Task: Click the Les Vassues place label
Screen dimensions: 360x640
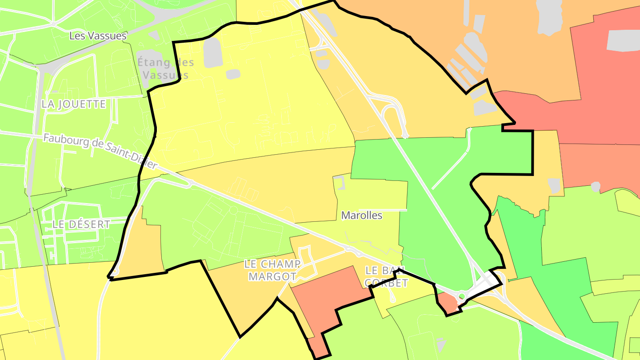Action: (x=98, y=36)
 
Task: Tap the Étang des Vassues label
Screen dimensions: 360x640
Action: (x=163, y=68)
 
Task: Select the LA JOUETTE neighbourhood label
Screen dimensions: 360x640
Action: (x=74, y=104)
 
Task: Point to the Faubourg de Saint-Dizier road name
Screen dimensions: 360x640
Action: (x=100, y=151)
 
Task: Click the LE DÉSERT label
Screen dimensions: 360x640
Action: (x=81, y=224)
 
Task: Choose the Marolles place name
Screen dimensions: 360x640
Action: (x=361, y=216)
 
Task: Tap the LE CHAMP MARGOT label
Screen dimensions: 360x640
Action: (x=272, y=270)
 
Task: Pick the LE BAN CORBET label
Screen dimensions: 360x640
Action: (x=386, y=276)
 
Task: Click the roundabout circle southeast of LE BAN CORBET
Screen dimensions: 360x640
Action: (x=461, y=296)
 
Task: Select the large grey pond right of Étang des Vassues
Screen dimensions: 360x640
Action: (x=212, y=53)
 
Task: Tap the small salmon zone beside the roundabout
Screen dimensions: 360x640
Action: (x=448, y=303)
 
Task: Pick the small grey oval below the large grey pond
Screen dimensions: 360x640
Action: (x=233, y=74)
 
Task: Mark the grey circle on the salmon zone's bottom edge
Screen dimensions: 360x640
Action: (x=596, y=187)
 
